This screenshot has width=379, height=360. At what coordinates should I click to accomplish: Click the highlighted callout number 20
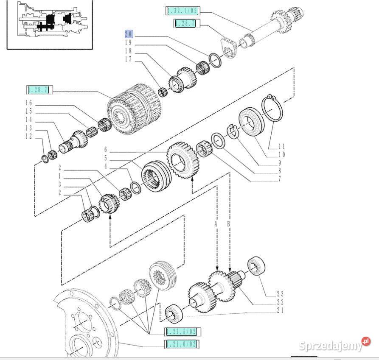click(x=128, y=34)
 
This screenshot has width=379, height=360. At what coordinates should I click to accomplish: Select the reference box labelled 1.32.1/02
click(x=182, y=11)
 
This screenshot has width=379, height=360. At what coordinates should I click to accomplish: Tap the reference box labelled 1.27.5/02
click(x=182, y=332)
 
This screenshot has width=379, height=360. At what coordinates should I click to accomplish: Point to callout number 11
click(x=281, y=146)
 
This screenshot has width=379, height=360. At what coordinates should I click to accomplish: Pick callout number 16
click(x=28, y=103)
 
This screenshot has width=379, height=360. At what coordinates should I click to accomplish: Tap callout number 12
click(x=28, y=136)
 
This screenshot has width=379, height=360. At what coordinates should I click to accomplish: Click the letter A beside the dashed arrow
click(x=216, y=223)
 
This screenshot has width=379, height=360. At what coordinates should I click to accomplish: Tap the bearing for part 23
click(x=257, y=266)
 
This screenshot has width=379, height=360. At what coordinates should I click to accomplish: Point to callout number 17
click(x=128, y=60)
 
